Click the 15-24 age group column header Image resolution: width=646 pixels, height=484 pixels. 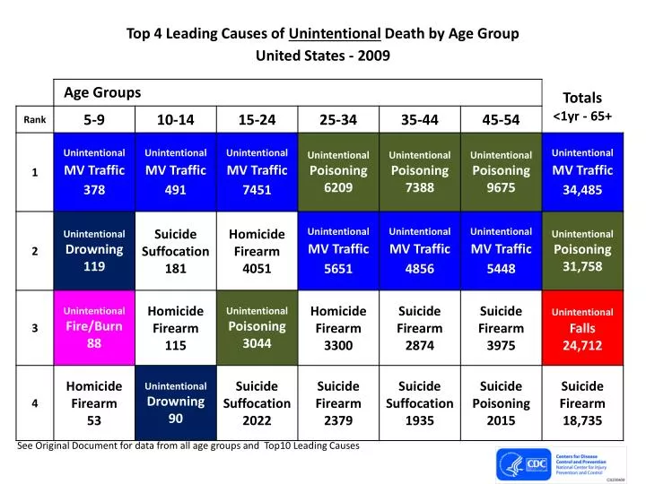point(256,119)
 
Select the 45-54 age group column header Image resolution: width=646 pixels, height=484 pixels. point(501,119)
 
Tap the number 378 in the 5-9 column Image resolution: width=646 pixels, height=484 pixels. point(94,190)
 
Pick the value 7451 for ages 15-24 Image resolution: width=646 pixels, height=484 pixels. point(256,190)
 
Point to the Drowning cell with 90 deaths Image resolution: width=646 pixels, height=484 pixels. point(175,402)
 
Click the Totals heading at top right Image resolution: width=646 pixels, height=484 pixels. point(581,98)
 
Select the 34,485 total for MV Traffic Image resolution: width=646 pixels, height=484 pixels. point(582,190)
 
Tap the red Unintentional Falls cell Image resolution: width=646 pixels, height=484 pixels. point(582,328)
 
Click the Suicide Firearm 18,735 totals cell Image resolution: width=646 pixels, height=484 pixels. point(582,402)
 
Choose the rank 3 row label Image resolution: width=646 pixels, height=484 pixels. point(34,327)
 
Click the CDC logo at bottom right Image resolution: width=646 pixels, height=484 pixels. point(537,463)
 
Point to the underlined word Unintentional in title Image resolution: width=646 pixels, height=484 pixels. point(336,34)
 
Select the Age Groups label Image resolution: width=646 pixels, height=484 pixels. point(102,92)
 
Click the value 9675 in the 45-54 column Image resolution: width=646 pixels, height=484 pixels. point(501,188)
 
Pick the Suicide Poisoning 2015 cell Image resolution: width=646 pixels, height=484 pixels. point(501,402)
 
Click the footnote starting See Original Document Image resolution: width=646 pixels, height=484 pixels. point(188,445)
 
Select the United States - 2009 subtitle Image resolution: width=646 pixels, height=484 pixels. point(323,56)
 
